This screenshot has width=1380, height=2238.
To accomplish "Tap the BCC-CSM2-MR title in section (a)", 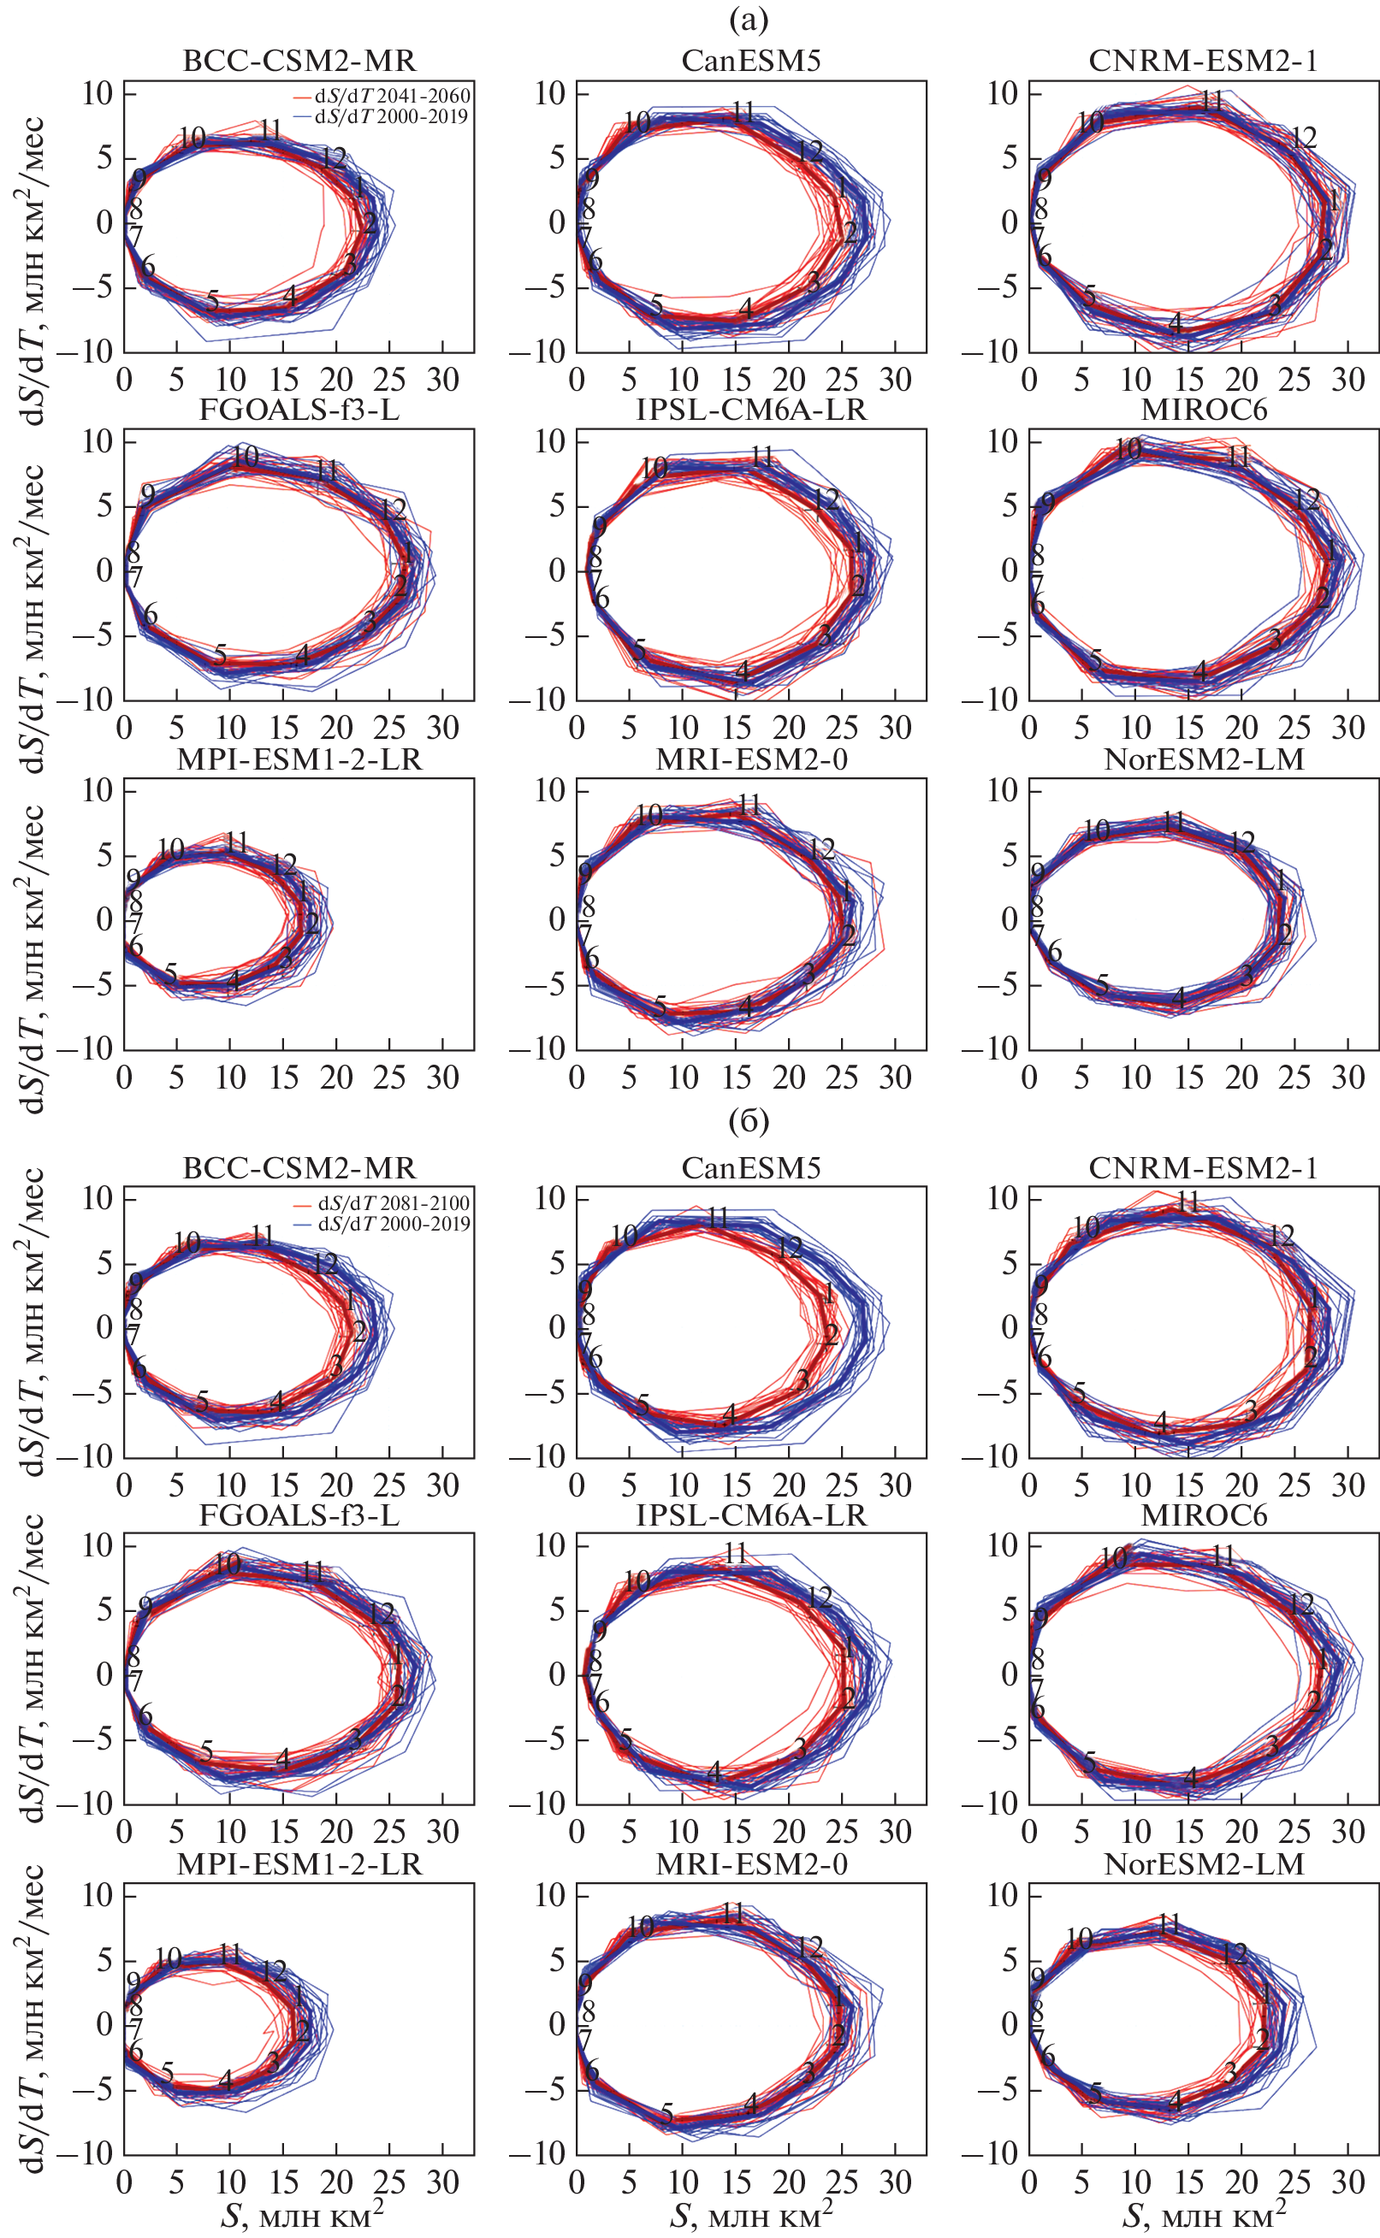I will [299, 61].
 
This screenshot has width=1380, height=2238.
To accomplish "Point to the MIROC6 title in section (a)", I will [1204, 410].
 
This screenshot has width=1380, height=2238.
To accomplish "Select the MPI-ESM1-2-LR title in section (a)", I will [299, 759].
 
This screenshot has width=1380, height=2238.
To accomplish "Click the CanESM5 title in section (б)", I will [750, 1168].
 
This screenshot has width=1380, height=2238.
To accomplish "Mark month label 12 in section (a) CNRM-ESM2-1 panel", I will [1303, 138].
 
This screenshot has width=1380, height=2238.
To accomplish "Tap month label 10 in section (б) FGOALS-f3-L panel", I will [228, 1563].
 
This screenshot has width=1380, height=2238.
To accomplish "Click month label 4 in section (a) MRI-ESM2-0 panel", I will [746, 1007].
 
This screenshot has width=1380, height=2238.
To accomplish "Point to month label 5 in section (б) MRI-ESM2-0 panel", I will [667, 2113].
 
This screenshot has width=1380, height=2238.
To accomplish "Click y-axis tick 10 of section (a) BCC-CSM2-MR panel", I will [97, 93].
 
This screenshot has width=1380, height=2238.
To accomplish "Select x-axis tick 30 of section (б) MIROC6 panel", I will [1347, 1831].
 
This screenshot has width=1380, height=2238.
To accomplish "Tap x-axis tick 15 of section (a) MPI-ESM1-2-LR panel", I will [283, 1078].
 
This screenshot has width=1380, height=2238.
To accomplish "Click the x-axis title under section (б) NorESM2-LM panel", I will [1204, 2215].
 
